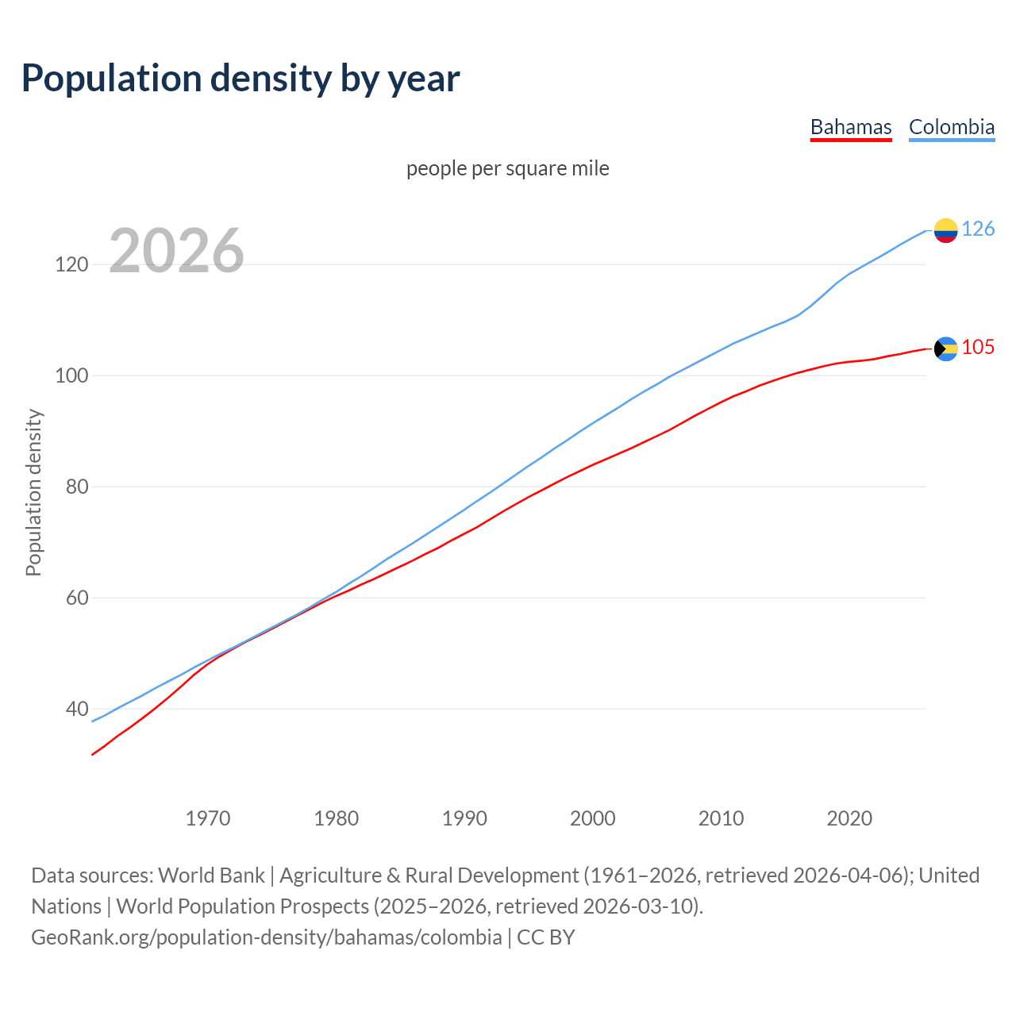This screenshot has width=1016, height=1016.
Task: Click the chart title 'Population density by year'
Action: click(241, 78)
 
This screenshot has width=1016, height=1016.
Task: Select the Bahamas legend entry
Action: click(851, 127)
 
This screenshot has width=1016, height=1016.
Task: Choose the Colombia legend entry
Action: click(951, 127)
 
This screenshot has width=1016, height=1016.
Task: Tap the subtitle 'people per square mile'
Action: click(507, 168)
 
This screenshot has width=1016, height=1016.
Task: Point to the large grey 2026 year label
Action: click(176, 251)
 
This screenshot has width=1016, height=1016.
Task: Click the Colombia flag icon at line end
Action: click(945, 230)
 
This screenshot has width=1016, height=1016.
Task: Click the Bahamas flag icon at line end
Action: click(945, 348)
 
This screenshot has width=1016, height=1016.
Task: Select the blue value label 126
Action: click(978, 229)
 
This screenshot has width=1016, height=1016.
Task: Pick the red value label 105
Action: click(978, 348)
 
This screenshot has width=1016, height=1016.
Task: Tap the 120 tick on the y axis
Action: click(71, 264)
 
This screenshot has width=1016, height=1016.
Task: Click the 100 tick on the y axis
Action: click(71, 375)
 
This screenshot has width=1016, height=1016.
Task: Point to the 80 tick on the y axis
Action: click(77, 487)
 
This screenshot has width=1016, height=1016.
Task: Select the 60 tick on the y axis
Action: click(77, 598)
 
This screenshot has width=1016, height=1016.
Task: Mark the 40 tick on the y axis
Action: click(77, 709)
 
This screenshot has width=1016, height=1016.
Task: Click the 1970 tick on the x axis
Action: click(208, 818)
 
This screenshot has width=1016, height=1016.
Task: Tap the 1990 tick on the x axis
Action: click(464, 818)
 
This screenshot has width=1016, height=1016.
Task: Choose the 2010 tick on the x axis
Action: click(721, 818)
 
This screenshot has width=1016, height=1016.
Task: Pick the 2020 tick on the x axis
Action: click(849, 818)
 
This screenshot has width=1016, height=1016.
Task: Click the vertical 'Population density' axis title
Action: click(33, 492)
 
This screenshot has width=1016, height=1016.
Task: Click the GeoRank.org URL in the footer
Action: click(266, 937)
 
